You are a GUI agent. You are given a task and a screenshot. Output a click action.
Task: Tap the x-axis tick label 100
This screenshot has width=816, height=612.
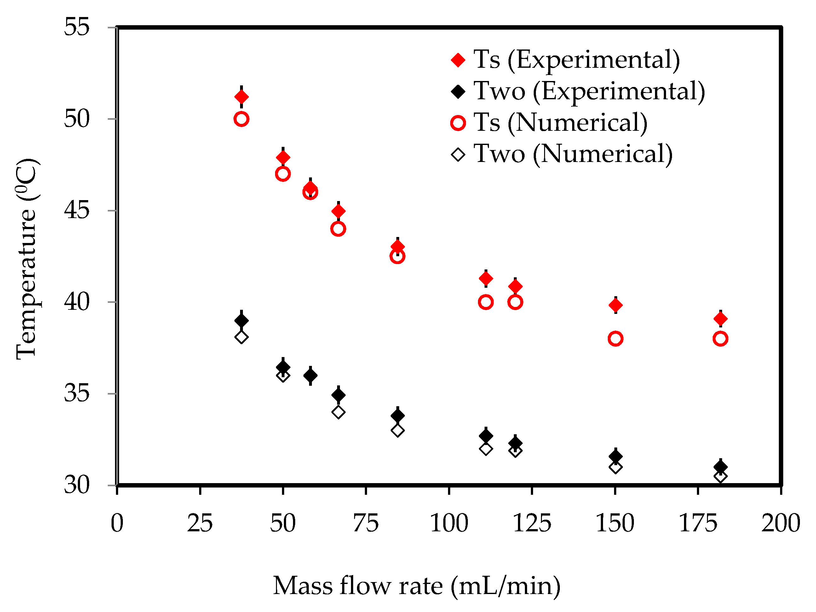click(449, 523)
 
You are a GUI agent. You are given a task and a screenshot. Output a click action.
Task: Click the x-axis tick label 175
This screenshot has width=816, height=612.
click(698, 523)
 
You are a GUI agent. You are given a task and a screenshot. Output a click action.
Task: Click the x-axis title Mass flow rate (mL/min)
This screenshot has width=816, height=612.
click(417, 586)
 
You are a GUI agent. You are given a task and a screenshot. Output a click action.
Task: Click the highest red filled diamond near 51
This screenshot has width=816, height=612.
click(241, 97)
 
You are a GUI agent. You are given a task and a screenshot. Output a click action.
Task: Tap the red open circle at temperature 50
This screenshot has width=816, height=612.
click(241, 119)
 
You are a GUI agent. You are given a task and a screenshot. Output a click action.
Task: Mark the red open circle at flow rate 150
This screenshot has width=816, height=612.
click(615, 338)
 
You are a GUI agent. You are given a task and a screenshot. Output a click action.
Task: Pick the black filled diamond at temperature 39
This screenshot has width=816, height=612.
click(241, 320)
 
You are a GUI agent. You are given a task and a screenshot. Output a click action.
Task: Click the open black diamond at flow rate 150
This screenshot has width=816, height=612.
click(615, 467)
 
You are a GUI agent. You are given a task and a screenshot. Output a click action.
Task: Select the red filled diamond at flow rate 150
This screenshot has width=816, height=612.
click(615, 305)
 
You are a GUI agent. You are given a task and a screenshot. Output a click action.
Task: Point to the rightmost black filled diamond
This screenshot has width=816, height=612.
click(720, 467)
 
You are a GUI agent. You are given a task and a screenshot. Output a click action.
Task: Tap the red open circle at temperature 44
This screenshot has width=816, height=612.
click(338, 229)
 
